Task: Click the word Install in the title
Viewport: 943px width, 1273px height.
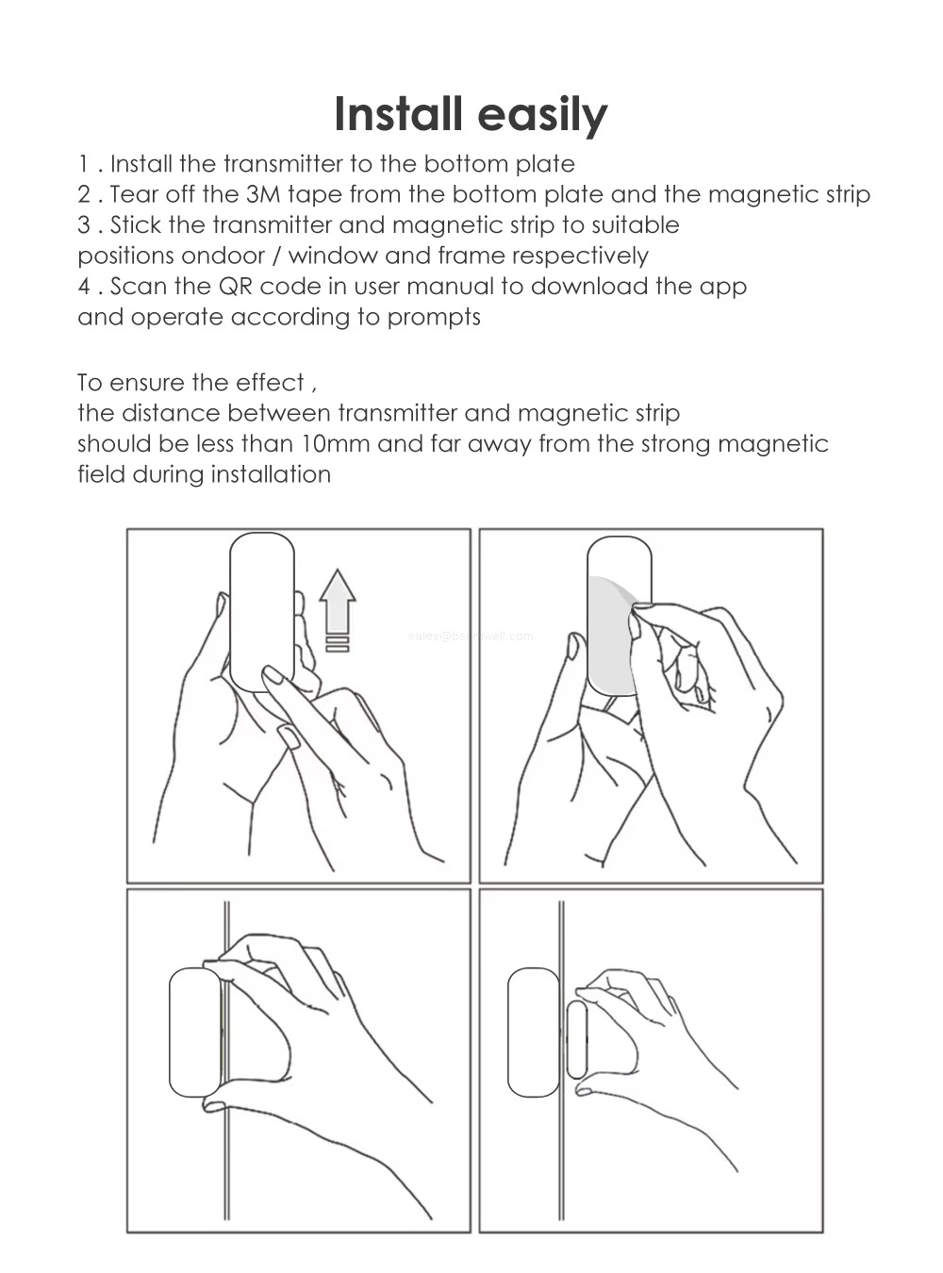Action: tap(398, 114)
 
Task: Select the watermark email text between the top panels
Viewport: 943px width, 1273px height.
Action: tap(471, 636)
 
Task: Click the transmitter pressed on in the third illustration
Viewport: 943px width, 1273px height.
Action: tap(195, 1033)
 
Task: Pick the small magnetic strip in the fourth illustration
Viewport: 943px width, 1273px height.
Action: tap(576, 1040)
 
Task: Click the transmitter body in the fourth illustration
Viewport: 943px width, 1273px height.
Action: tap(533, 1033)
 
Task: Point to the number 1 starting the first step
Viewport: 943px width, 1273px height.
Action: tap(83, 165)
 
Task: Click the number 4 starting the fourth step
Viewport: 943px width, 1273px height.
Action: tap(84, 287)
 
